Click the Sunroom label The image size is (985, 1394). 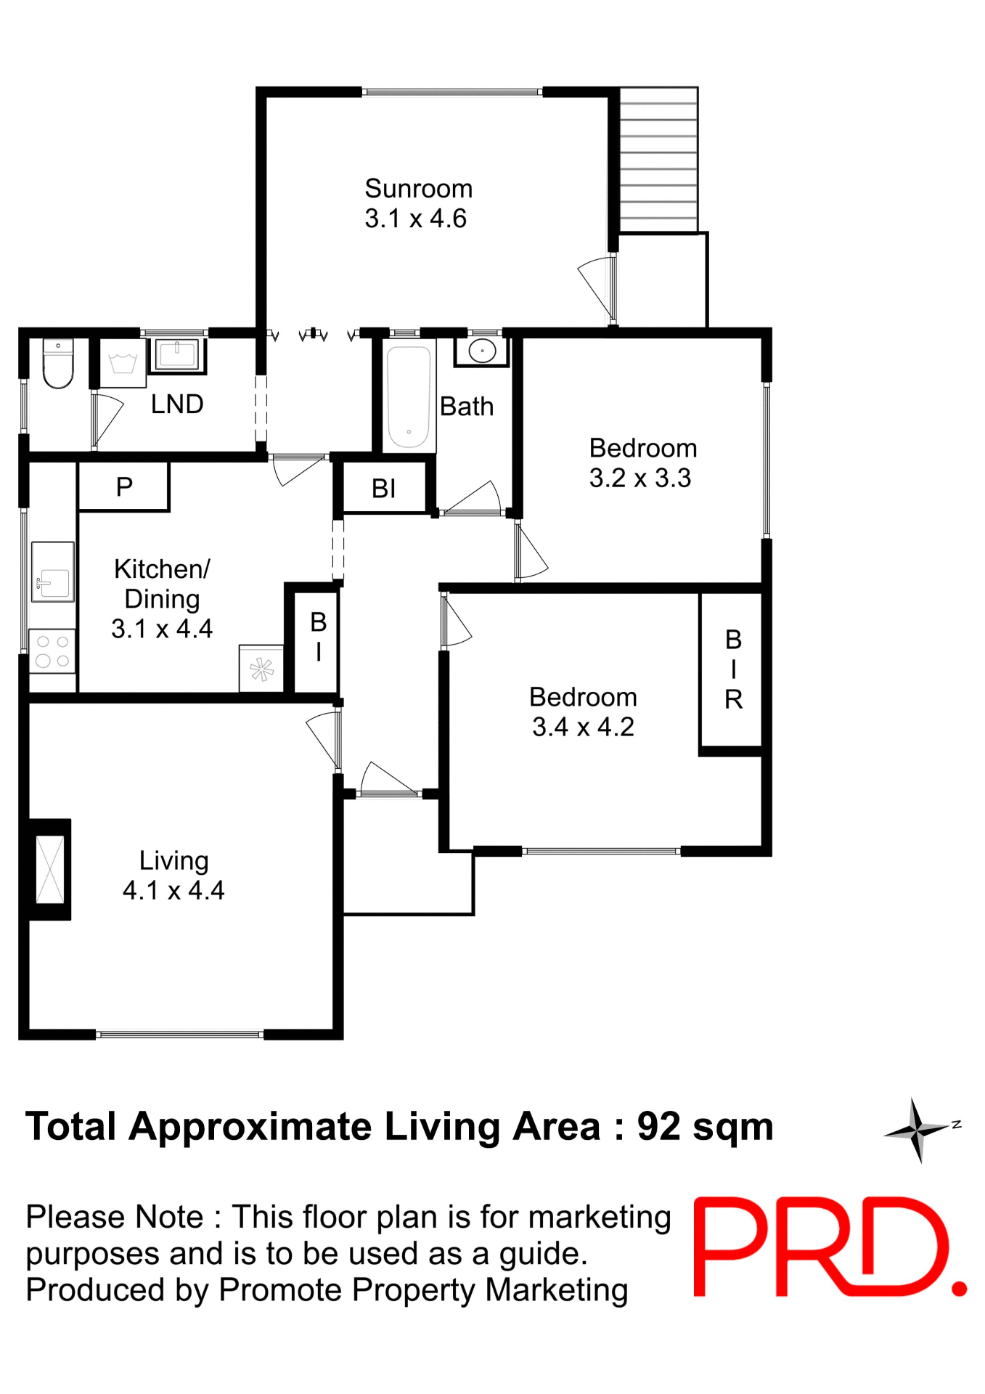point(418,189)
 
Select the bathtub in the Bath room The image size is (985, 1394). point(409,396)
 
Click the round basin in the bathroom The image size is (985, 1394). point(482,352)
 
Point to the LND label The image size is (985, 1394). point(177,404)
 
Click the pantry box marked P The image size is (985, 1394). point(124,486)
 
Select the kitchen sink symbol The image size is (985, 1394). point(53,572)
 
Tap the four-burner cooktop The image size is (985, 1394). point(52,651)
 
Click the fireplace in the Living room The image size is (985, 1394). point(50,869)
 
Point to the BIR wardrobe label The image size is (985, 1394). point(733,669)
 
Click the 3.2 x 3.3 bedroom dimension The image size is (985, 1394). point(639,478)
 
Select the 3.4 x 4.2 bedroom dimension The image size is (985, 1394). point(583,727)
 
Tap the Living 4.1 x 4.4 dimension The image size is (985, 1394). point(173,890)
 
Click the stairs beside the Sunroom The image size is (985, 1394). point(658,160)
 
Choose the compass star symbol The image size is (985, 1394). point(917,1130)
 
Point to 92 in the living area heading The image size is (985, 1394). point(659,1126)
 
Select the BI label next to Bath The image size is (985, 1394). point(383,489)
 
